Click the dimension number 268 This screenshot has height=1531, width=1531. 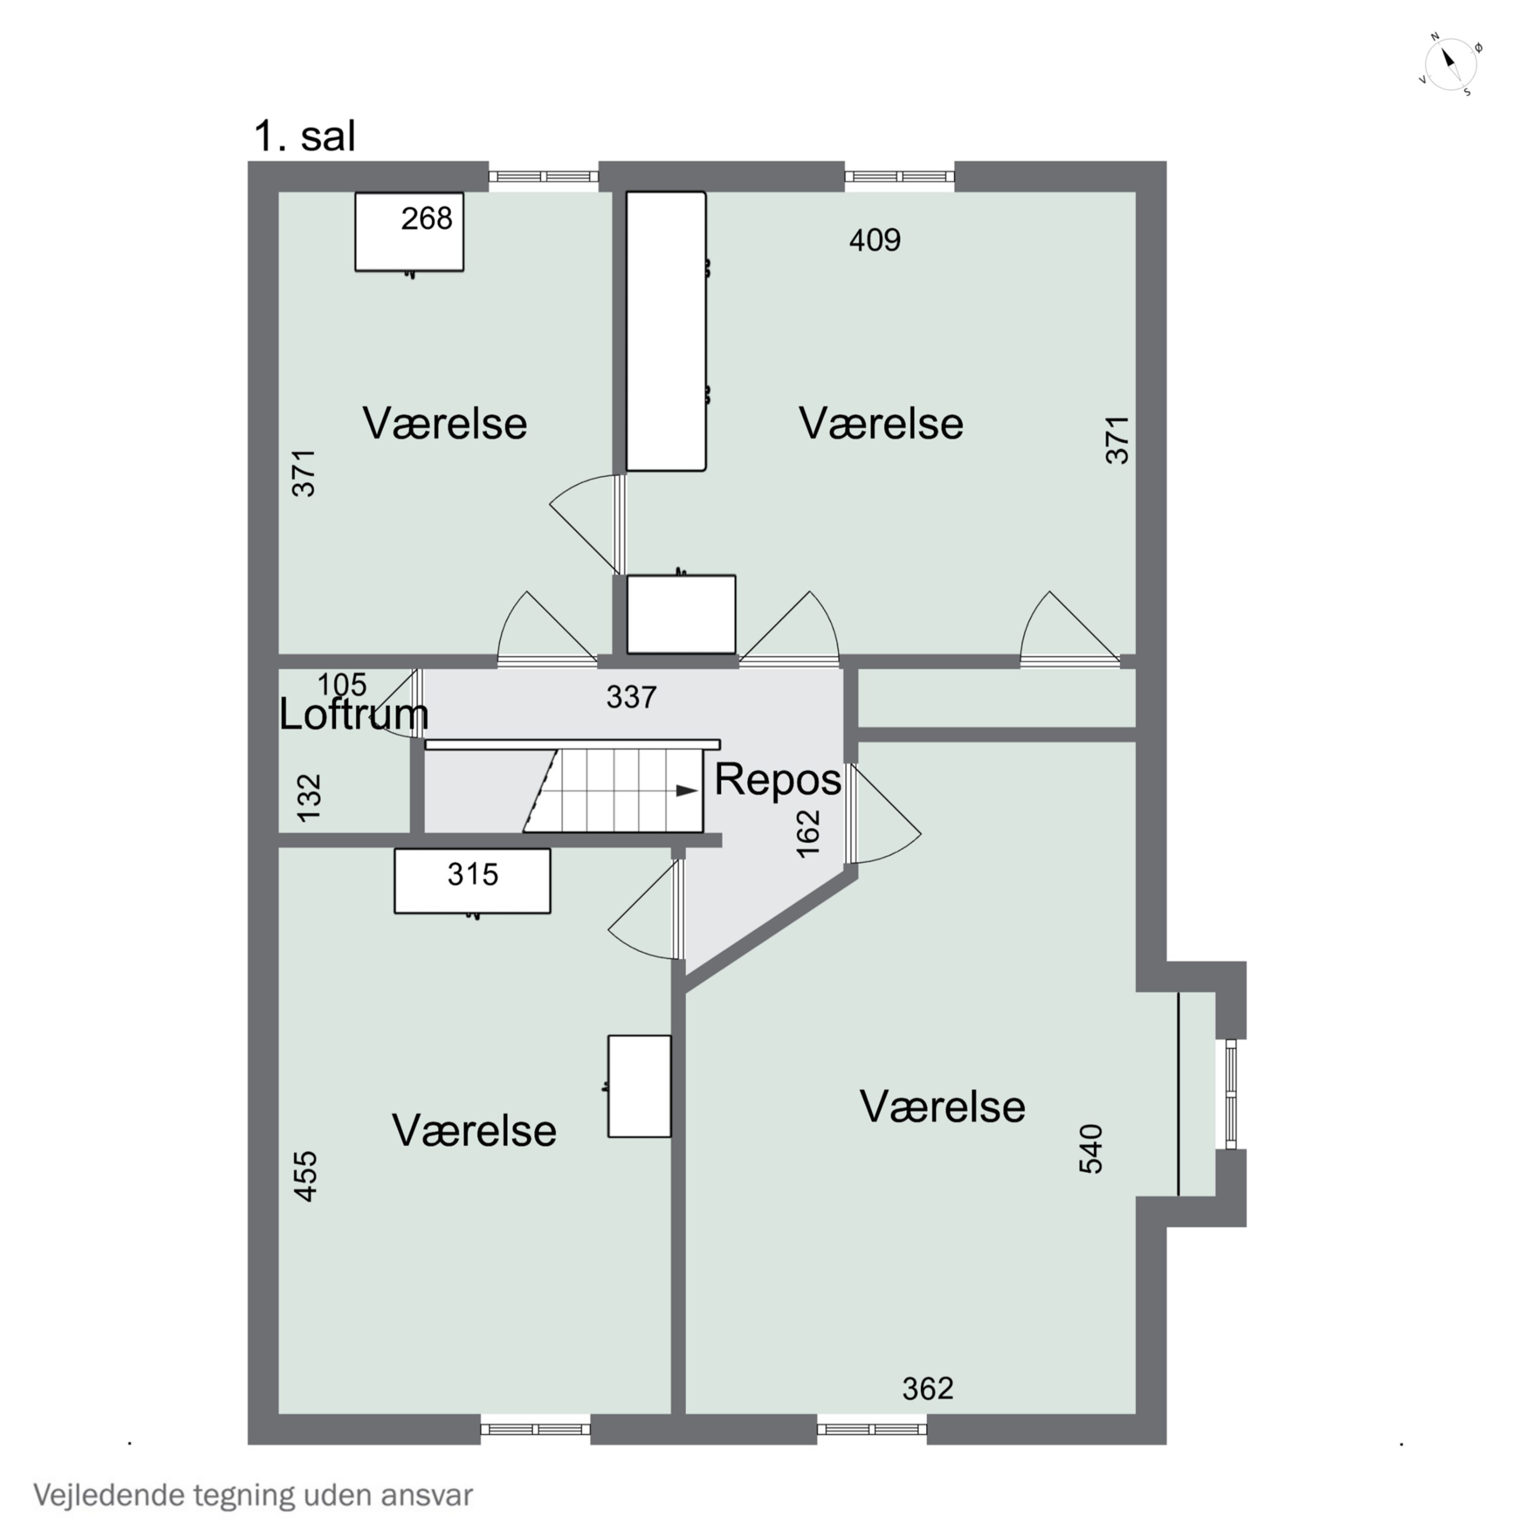426,219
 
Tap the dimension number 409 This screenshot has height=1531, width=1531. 875,239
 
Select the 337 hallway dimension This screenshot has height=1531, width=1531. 632,697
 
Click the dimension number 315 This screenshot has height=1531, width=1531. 473,874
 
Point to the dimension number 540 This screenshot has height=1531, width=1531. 1091,1148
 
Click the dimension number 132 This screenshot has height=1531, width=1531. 309,797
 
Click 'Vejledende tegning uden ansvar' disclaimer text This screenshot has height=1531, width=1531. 253,1495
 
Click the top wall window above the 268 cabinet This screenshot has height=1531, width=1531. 544,177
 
